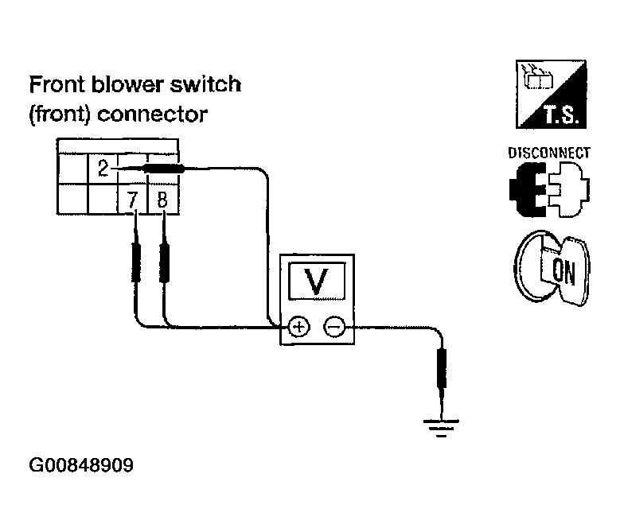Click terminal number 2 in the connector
pos(103,169)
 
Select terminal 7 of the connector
pos(132,200)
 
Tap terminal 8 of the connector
pos(162,200)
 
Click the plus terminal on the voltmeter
pos(299,327)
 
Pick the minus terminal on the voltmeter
pos(334,327)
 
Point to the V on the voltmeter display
pos(317,282)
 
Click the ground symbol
pos(441,428)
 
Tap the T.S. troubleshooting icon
pos(552,94)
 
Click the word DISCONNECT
pos(549,153)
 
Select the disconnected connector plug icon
pos(550,189)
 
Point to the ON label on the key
pos(563,271)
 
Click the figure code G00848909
pos(81,465)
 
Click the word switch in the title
pos(205,84)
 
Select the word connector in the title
pos(152,115)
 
